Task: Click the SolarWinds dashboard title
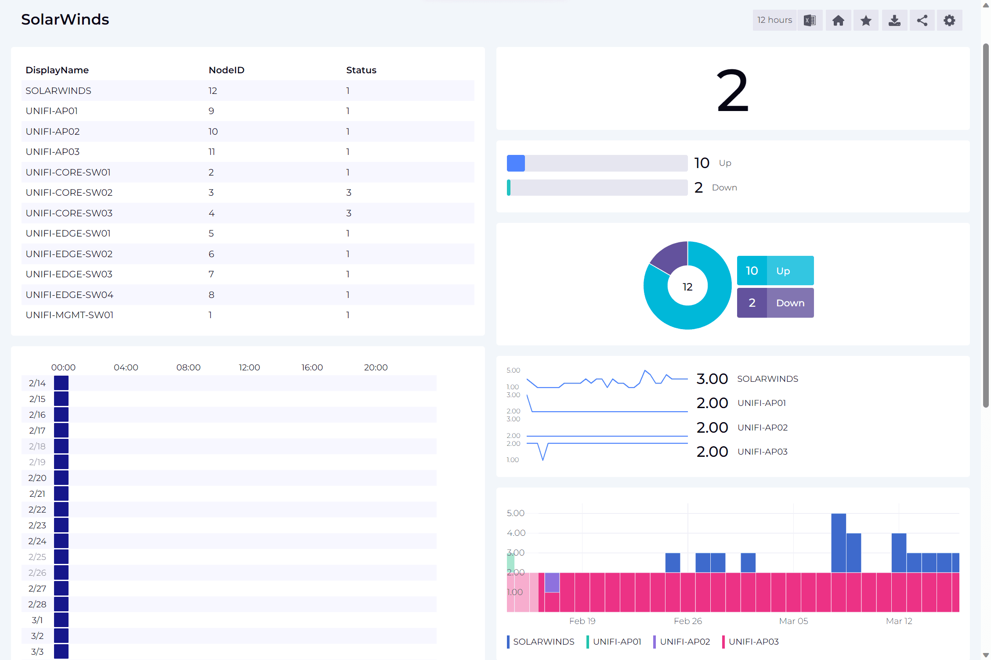pos(65,19)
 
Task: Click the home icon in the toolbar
pos(838,21)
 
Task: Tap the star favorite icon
pos(866,21)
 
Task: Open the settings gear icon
pos(949,21)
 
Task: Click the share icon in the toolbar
pos(922,21)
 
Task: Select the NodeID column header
pos(226,70)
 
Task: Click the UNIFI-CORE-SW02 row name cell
pos(69,193)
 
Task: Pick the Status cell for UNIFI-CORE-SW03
pos(349,213)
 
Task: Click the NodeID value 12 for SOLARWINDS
pos(213,91)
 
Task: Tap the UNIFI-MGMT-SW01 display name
pos(69,315)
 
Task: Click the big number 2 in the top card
pos(732,91)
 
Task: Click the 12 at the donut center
pos(687,287)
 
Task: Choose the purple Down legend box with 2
pos(775,303)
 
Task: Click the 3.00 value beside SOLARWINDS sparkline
pos(712,379)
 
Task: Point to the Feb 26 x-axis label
pos(687,621)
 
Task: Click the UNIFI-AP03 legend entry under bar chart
pos(753,642)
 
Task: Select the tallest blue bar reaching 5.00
pos(838,542)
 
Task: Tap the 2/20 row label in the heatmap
pos(37,478)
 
